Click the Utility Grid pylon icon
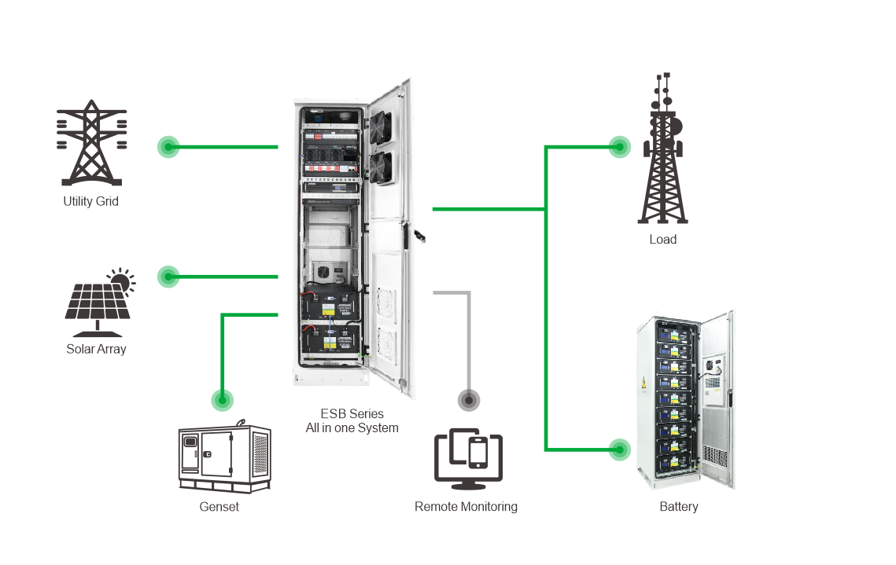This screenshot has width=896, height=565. coord(92,143)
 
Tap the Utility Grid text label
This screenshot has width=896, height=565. coord(91,201)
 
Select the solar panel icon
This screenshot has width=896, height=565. coord(96,303)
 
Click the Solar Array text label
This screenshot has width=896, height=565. coord(96,349)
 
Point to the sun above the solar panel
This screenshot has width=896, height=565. coord(120,279)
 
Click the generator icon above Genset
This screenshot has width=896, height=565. coord(224,459)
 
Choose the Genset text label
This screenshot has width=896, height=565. coord(219,507)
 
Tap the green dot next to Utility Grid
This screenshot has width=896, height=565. coord(168,147)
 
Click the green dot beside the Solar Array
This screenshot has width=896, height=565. coord(168,277)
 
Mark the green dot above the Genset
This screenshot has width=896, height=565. coord(223,400)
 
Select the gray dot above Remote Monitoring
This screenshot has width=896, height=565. coord(469,400)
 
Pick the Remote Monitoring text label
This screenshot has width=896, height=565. coord(466,507)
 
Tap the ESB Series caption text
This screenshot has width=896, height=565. coord(352,421)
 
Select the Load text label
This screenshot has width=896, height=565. coord(662,240)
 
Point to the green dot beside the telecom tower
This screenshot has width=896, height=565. coord(620,147)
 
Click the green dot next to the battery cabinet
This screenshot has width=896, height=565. coord(620,450)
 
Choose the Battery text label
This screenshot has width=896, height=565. coord(678,507)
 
